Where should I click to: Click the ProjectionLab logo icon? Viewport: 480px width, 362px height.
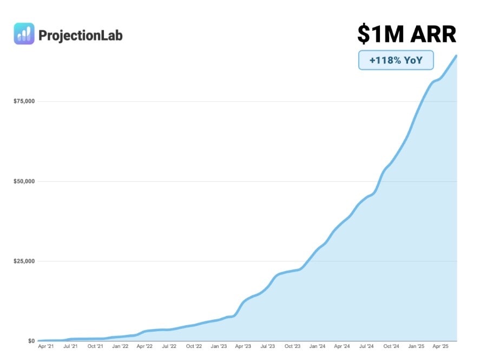tap(24, 34)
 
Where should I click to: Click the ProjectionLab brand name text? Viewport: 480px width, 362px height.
tap(81, 36)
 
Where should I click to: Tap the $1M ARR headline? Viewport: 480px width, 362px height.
tap(406, 34)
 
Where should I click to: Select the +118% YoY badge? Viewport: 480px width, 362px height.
tap(396, 61)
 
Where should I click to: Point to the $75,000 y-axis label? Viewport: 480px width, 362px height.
tap(24, 101)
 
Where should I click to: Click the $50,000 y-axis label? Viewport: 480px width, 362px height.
tap(24, 181)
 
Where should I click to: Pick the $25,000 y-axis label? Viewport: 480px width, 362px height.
tap(24, 261)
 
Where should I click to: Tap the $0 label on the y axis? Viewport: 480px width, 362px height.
tap(31, 341)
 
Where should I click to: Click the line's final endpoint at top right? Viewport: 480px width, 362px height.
tap(457, 56)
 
